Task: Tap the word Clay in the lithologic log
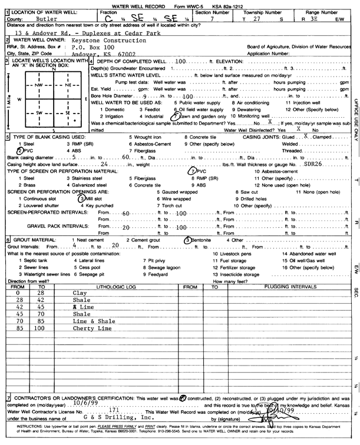click(78, 293)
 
